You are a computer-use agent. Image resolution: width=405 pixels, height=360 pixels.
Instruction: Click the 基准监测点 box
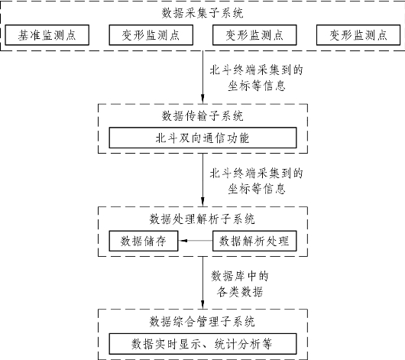point(47,35)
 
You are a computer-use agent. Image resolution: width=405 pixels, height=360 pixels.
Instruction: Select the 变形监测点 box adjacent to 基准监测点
point(151,35)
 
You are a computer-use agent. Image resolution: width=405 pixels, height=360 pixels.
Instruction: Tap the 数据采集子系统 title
point(202,13)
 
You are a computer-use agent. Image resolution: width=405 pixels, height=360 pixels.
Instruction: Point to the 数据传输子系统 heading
point(202,115)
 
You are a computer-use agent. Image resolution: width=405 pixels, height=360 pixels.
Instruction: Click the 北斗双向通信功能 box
point(202,138)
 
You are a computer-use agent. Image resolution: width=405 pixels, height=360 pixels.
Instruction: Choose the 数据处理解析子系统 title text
point(202,219)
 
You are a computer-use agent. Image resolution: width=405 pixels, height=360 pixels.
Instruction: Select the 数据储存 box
point(144,241)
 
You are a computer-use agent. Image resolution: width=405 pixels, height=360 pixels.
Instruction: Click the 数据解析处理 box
point(254,241)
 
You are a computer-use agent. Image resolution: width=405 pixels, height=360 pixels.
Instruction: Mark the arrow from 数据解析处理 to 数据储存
point(196,241)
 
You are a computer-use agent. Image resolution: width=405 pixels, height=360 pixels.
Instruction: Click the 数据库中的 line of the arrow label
point(240,276)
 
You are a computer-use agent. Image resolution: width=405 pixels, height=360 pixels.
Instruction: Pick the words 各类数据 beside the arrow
point(240,292)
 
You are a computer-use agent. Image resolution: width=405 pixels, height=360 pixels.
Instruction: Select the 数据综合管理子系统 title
point(202,322)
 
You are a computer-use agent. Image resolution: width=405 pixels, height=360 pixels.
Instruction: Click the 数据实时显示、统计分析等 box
point(202,344)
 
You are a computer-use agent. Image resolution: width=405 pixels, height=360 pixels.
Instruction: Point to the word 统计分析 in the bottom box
point(237,344)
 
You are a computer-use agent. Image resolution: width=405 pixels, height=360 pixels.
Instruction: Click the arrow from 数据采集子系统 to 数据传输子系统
point(202,77)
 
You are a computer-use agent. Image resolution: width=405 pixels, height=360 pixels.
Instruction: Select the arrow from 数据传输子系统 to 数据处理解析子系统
point(202,180)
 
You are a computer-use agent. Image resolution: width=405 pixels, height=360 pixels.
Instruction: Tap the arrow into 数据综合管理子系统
point(202,283)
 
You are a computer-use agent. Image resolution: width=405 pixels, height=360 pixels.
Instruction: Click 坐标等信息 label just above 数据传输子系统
point(257,86)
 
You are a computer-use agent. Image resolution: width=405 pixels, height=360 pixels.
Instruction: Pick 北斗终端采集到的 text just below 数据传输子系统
point(256,173)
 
